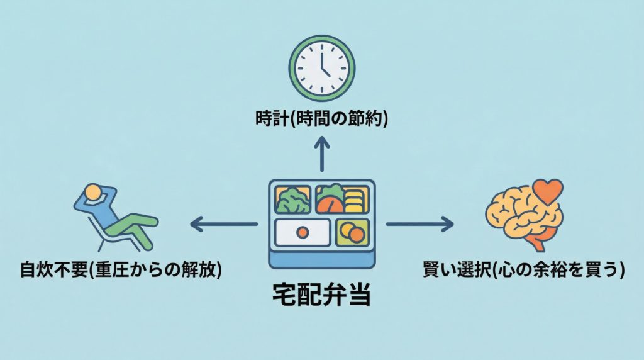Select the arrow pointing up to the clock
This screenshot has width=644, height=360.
tap(321, 154)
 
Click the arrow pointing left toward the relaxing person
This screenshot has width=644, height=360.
tap(223, 223)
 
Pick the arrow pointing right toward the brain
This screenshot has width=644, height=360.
tap(419, 223)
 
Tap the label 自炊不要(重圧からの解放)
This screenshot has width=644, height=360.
tap(120, 271)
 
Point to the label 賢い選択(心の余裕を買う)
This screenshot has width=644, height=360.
tap(524, 271)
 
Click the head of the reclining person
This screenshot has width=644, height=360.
tap(92, 192)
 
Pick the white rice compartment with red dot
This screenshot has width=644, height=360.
tap(302, 232)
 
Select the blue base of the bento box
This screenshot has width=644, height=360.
tap(321, 259)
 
